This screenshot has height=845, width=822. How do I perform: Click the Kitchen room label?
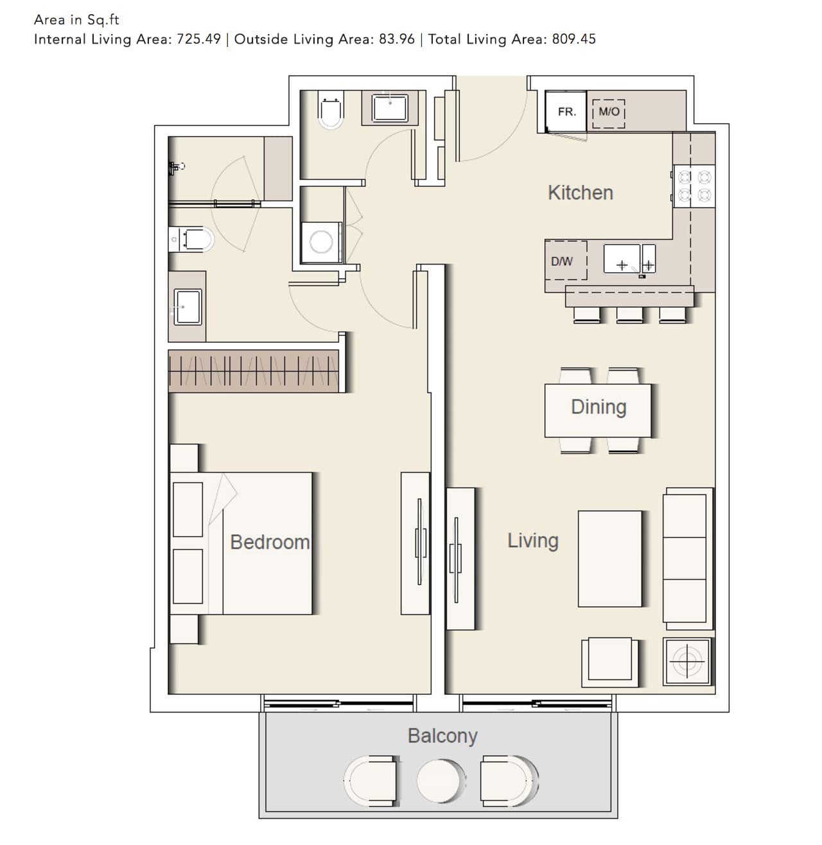pyautogui.click(x=580, y=193)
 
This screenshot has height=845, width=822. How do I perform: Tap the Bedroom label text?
pyautogui.click(x=270, y=542)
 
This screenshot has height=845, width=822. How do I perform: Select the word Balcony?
pyautogui.click(x=442, y=736)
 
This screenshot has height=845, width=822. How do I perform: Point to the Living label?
pyautogui.click(x=533, y=541)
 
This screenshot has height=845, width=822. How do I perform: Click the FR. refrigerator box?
pyautogui.click(x=565, y=111)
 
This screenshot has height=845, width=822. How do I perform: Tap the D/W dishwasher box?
pyautogui.click(x=565, y=261)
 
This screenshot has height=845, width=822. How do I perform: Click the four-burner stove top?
pyautogui.click(x=694, y=186)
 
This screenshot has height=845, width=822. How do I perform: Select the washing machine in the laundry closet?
pyautogui.click(x=321, y=242)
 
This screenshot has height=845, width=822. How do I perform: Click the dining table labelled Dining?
pyautogui.click(x=598, y=410)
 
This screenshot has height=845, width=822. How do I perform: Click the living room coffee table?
pyautogui.click(x=609, y=559)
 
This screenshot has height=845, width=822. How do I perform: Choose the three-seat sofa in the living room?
pyautogui.click(x=688, y=559)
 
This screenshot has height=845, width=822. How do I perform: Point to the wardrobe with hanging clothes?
pyautogui.click(x=253, y=371)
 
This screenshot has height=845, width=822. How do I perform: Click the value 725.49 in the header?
pyautogui.click(x=198, y=39)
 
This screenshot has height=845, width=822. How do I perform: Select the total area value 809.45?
pyautogui.click(x=573, y=39)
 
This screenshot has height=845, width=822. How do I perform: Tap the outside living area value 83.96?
pyautogui.click(x=396, y=39)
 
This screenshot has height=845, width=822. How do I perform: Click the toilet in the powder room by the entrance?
pyautogui.click(x=331, y=110)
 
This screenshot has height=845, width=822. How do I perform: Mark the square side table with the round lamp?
pyautogui.click(x=687, y=661)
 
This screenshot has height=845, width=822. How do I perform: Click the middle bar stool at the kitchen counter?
pyautogui.click(x=629, y=315)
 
